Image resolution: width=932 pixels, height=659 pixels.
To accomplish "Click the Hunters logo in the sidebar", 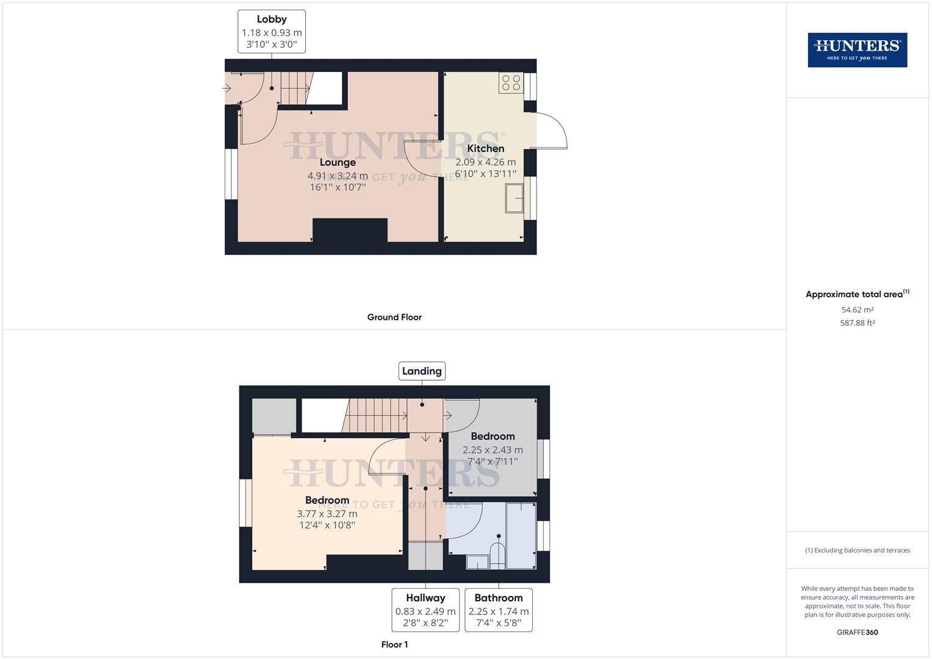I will pyautogui.click(x=857, y=50).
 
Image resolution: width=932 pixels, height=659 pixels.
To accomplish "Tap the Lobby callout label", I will pyautogui.click(x=272, y=31).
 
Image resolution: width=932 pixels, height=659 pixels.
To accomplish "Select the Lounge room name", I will pyautogui.click(x=338, y=162).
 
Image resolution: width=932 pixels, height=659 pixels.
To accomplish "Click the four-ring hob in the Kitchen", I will pyautogui.click(x=511, y=83).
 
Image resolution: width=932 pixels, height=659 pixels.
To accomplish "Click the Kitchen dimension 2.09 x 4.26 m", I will pyautogui.click(x=485, y=162).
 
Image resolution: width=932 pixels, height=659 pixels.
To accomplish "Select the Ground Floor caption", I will pyautogui.click(x=394, y=317).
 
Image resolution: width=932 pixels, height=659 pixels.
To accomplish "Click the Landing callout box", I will pyautogui.click(x=422, y=371).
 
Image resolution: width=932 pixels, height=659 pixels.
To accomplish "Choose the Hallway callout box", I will pyautogui.click(x=425, y=610).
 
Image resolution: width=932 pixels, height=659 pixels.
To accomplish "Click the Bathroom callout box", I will pyautogui.click(x=499, y=610).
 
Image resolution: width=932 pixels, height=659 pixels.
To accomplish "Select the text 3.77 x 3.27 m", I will pyautogui.click(x=327, y=514).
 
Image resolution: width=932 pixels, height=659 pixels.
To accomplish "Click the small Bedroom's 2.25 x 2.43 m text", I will pyautogui.click(x=493, y=450).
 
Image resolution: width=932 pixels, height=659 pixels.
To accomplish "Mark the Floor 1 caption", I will pyautogui.click(x=394, y=644).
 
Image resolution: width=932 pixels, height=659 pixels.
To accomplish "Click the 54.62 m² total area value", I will pyautogui.click(x=857, y=310).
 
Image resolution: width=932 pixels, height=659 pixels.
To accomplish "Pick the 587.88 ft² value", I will pyautogui.click(x=857, y=323).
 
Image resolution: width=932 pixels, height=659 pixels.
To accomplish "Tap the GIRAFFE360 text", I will pyautogui.click(x=857, y=632).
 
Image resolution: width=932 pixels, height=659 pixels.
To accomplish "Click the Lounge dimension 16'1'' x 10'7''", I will pyautogui.click(x=338, y=187).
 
